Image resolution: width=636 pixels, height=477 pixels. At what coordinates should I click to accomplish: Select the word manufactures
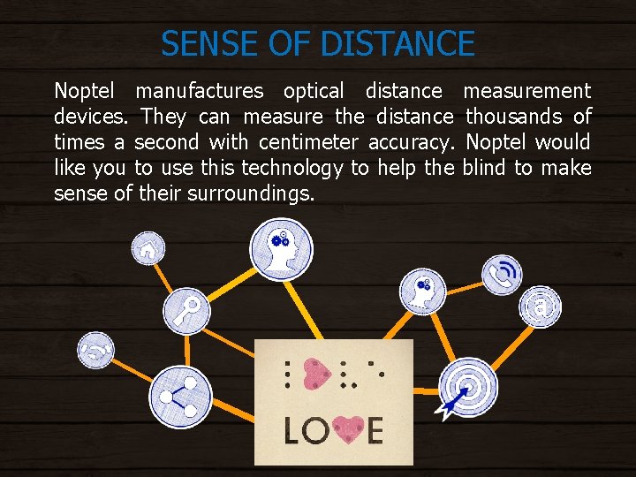[x=199, y=91]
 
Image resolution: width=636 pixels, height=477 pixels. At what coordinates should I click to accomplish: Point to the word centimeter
[x=308, y=142]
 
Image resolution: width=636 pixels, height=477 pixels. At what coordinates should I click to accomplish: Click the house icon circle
[x=148, y=249]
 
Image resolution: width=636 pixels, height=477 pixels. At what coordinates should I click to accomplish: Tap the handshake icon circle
[x=95, y=349]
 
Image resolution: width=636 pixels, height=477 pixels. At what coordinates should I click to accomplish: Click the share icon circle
[x=180, y=397]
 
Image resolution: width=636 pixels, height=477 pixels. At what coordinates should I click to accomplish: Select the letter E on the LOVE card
[x=375, y=430]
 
